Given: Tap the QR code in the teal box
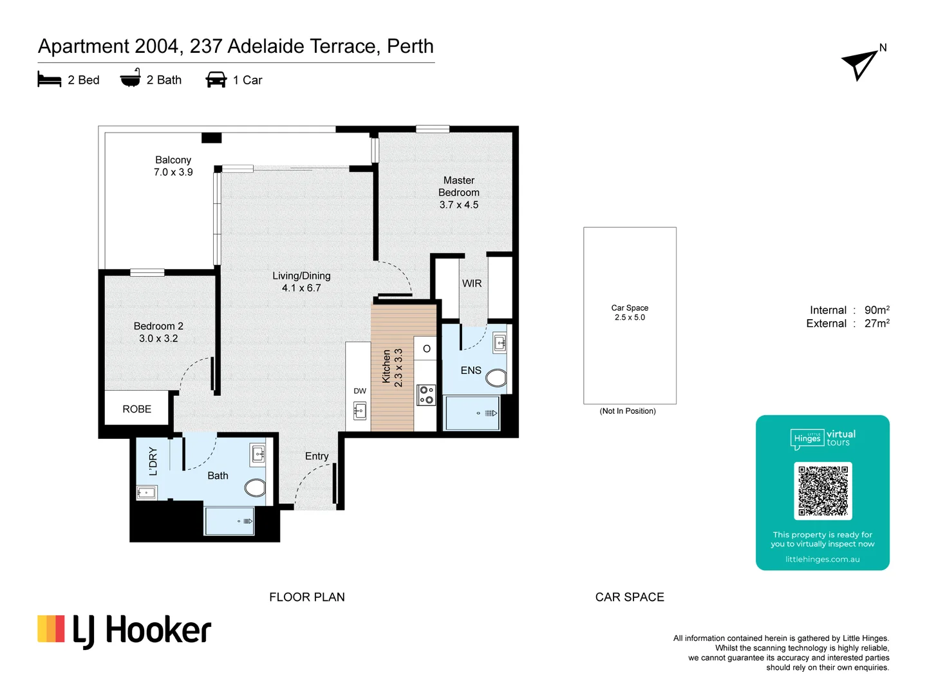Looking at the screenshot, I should pyautogui.click(x=823, y=490).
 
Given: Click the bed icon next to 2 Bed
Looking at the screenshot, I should pyautogui.click(x=49, y=80).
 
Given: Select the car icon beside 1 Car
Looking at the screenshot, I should pyautogui.click(x=216, y=80).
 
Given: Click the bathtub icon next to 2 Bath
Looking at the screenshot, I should pyautogui.click(x=131, y=79).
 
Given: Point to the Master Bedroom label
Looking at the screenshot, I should pyautogui.click(x=458, y=192).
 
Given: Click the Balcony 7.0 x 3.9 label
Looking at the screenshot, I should pyautogui.click(x=173, y=166).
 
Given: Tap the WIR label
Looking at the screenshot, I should pyautogui.click(x=471, y=284).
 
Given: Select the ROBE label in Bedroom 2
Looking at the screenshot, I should pyautogui.click(x=136, y=409).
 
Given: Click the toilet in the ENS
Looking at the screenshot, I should pyautogui.click(x=496, y=377).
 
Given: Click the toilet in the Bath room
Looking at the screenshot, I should pyautogui.click(x=256, y=487).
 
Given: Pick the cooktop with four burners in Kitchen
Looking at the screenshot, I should pyautogui.click(x=426, y=394).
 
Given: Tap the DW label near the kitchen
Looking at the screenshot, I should pyautogui.click(x=360, y=391).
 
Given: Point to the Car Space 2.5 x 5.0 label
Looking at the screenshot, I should pyautogui.click(x=630, y=313).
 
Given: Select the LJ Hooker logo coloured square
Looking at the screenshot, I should pyautogui.click(x=51, y=629).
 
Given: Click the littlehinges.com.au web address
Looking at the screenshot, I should pyautogui.click(x=822, y=559).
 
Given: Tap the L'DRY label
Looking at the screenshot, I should pyautogui.click(x=153, y=461).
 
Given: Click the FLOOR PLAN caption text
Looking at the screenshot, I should pyautogui.click(x=306, y=597).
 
